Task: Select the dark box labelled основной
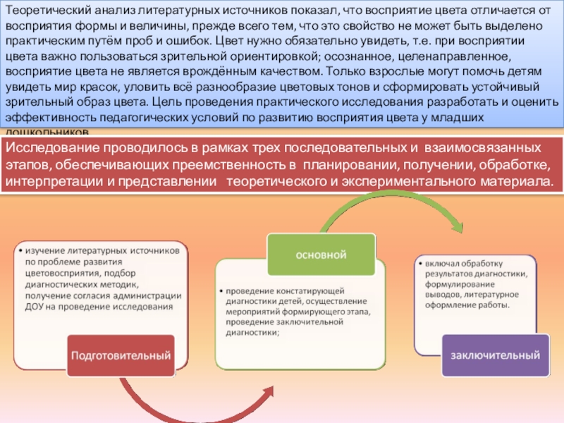[311, 253]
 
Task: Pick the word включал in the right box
[442, 262]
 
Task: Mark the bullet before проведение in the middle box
[221, 290]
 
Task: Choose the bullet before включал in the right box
[419, 262]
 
